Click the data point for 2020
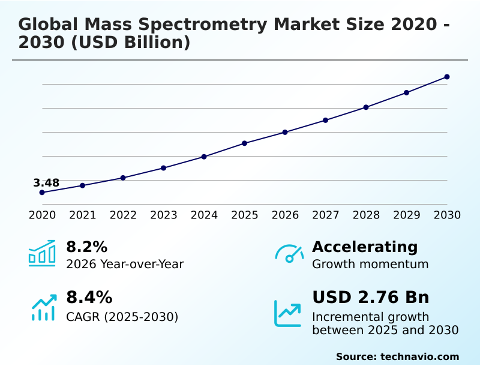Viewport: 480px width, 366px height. (42, 193)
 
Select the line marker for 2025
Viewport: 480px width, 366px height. (245, 143)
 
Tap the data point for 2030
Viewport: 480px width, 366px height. (447, 77)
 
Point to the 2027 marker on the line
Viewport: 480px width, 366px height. (325, 120)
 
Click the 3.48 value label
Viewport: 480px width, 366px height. (46, 183)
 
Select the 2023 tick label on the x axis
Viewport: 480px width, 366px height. (164, 215)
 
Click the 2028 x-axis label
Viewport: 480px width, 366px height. (366, 215)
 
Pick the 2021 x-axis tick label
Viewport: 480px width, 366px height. (83, 215)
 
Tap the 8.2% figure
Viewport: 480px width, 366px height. (86, 247)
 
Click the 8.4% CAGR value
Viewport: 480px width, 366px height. (89, 298)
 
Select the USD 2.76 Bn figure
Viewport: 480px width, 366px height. (370, 298)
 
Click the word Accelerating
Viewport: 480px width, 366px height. (365, 247)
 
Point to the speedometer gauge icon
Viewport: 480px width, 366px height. (289, 254)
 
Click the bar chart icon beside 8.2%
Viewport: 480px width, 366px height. (42, 253)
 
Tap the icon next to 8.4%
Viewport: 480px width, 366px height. (43, 307)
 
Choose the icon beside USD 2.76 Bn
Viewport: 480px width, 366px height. (288, 313)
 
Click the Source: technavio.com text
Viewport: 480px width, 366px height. (397, 356)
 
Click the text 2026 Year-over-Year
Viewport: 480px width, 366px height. (125, 264)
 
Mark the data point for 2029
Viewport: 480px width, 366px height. (406, 92)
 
